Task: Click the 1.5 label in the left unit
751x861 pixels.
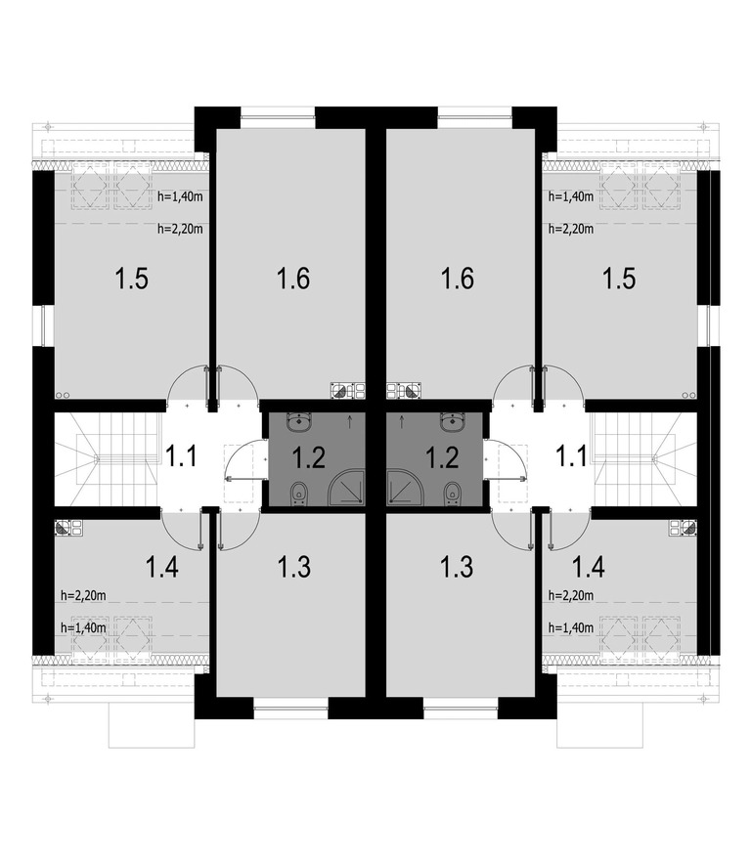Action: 132,279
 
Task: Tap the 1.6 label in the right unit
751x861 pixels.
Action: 458,279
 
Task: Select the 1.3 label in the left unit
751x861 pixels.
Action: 294,567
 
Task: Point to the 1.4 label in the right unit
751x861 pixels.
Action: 589,567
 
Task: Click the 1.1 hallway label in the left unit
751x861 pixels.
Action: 181,456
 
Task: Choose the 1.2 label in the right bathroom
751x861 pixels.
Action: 443,456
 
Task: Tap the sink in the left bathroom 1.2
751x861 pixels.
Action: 299,422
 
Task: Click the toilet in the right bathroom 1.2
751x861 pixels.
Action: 452,494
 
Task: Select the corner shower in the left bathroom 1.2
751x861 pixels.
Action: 346,486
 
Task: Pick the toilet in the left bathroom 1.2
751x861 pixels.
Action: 299,494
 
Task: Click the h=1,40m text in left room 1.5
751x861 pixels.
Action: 180,196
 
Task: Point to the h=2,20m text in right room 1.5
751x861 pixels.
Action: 571,229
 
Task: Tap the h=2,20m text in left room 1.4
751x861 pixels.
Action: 83,594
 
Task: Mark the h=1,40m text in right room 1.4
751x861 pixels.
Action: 571,627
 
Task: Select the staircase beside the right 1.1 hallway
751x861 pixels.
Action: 643,458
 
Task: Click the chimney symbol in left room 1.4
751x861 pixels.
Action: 68,528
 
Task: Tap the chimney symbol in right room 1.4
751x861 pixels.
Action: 683,528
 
